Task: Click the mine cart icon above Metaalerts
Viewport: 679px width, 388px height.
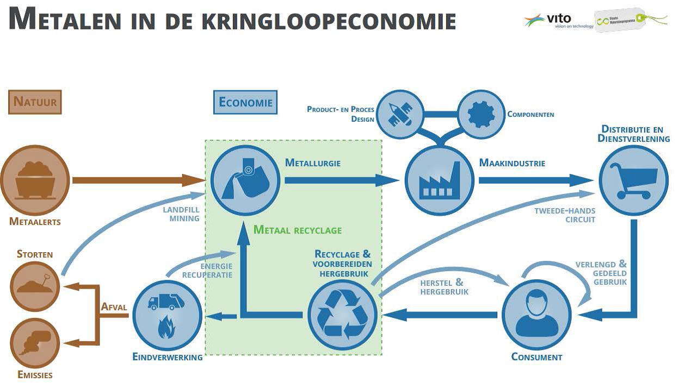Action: coord(35,180)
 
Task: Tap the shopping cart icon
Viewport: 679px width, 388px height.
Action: coord(633,180)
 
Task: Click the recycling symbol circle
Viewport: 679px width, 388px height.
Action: coord(342,314)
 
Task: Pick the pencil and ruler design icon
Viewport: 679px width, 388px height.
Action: coord(402,114)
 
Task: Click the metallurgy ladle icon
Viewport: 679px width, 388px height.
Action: coord(245,180)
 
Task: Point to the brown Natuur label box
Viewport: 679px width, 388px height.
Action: coord(35,102)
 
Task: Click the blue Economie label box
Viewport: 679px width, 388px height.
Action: coord(245,102)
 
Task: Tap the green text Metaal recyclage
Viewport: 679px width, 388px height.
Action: coord(298,230)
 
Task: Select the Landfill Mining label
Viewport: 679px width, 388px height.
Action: coord(181,214)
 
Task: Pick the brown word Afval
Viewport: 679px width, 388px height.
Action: coord(114,307)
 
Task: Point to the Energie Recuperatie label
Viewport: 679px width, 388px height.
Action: coord(208,271)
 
